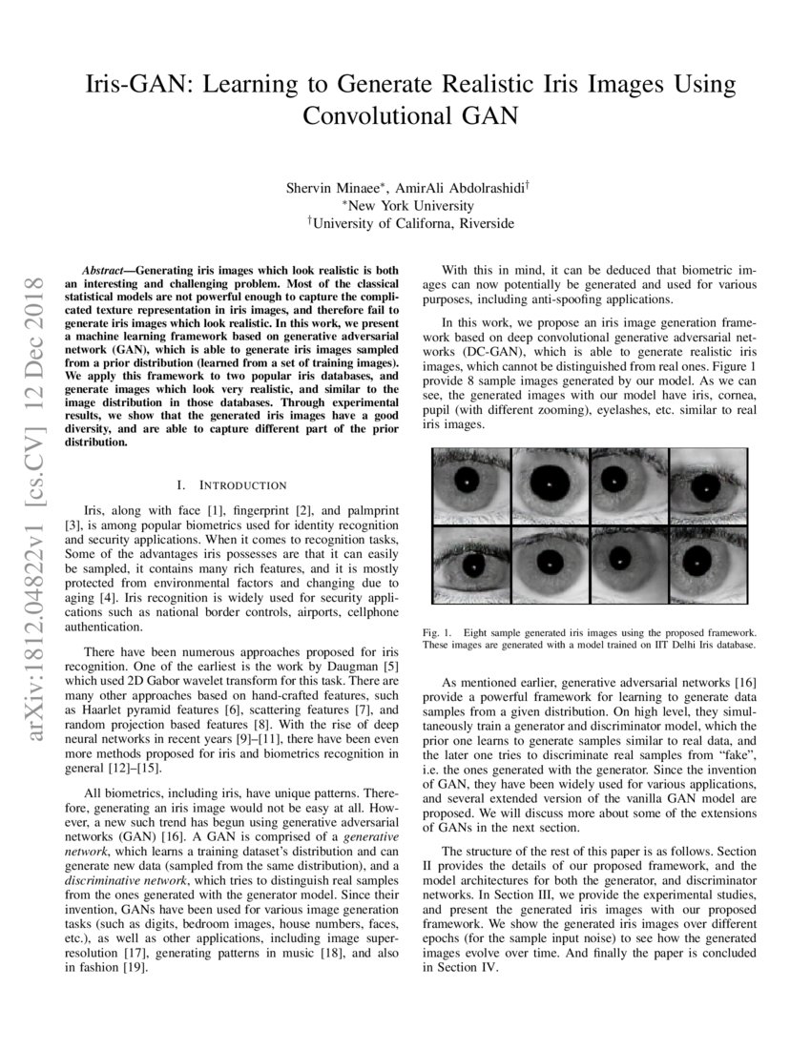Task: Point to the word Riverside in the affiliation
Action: pyautogui.click(x=486, y=223)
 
